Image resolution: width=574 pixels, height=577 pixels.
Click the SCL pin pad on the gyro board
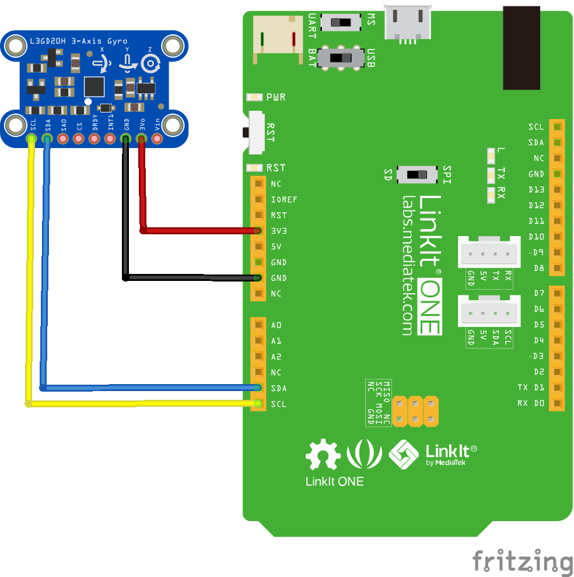coord(32,139)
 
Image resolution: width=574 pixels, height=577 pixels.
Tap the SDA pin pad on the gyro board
coord(47,139)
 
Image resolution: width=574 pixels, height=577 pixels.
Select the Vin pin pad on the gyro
coord(157,139)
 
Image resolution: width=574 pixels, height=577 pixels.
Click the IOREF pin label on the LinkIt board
coord(284,199)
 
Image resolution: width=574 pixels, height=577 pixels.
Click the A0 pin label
coord(276,325)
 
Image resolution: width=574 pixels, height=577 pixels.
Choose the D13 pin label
coord(536,189)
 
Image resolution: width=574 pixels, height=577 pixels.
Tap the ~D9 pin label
coord(535,252)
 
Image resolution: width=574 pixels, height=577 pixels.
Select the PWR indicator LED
coord(254,97)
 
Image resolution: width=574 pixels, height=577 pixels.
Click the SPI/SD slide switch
coord(416,174)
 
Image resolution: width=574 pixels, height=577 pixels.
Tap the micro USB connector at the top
coord(407,24)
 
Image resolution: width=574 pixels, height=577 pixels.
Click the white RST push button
coord(256,132)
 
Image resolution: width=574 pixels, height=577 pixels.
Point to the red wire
coord(198,231)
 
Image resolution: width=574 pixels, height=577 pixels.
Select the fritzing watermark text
coord(522,561)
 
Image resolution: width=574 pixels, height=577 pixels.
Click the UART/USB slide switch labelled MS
coord(341,23)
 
